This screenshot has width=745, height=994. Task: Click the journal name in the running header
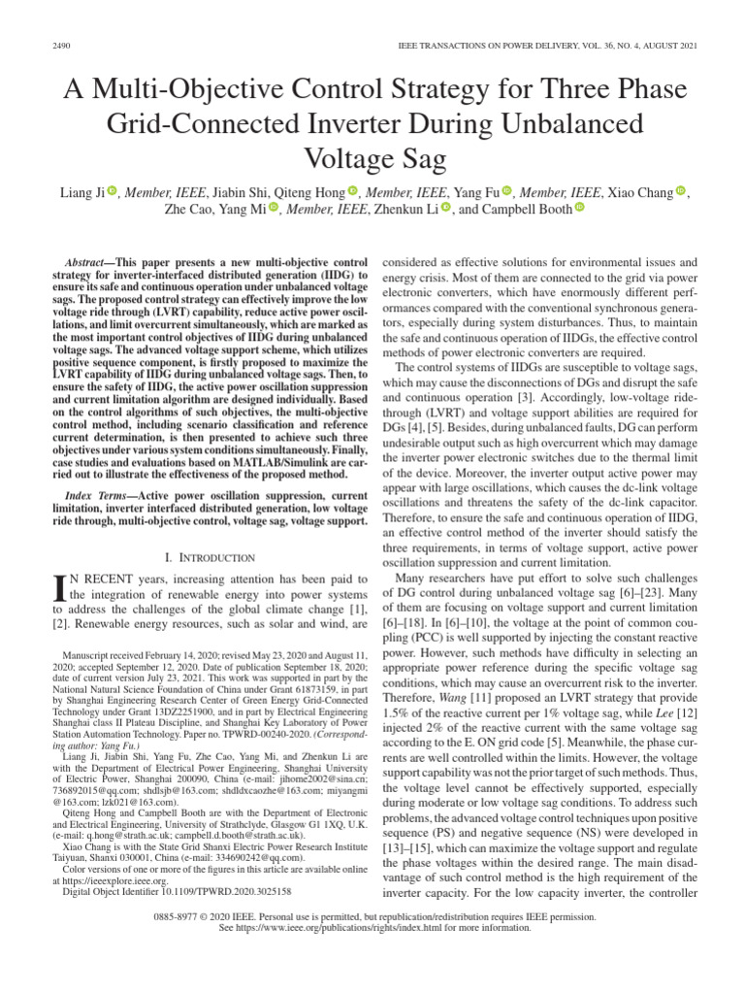(547, 48)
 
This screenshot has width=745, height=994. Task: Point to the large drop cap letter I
(58, 587)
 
